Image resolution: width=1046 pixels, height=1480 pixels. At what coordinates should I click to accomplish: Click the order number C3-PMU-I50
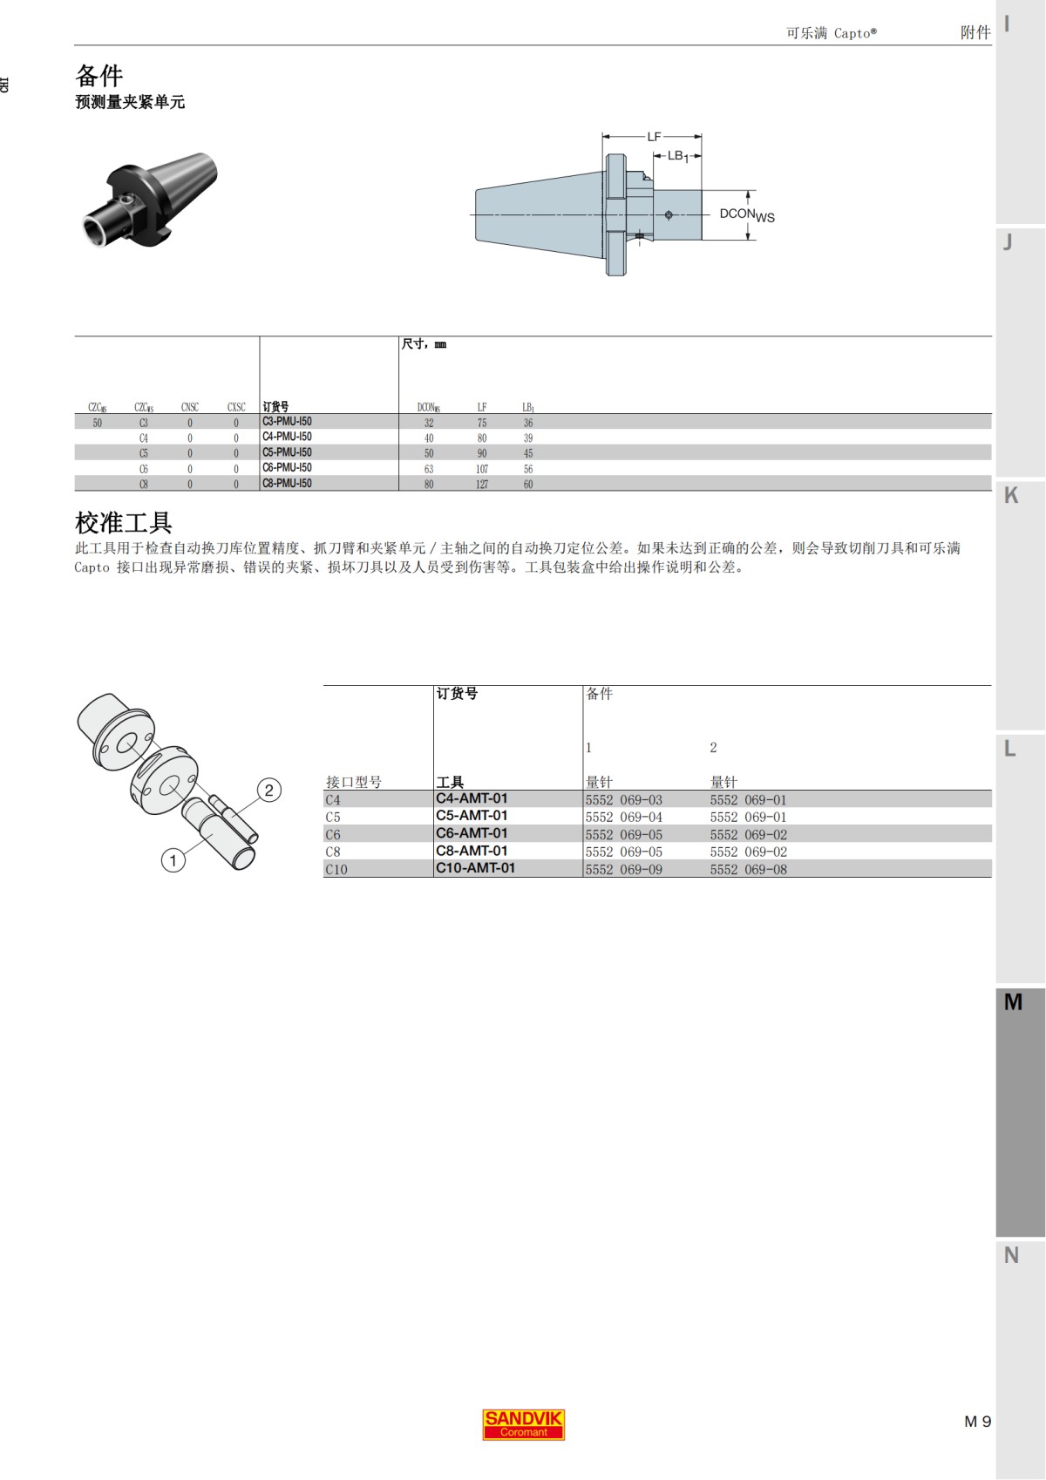(x=287, y=422)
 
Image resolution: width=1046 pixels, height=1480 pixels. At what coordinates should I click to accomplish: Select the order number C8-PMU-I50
(x=287, y=484)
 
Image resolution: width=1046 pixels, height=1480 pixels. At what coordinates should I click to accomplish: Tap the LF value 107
(x=482, y=469)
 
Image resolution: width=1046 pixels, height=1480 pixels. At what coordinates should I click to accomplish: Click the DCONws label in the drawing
(x=746, y=214)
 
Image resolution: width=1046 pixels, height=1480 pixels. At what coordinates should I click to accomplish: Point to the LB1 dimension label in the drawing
(x=677, y=156)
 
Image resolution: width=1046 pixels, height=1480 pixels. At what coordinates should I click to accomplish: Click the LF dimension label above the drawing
(x=654, y=137)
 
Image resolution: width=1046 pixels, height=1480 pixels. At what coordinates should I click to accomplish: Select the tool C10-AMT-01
(x=475, y=868)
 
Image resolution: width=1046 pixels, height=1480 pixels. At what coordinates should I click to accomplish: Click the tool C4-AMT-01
(x=472, y=798)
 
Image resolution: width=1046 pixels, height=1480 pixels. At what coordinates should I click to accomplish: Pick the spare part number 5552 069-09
(x=623, y=870)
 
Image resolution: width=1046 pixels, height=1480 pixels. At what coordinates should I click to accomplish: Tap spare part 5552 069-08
(x=748, y=870)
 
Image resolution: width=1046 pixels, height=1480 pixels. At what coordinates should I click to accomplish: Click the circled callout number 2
(x=269, y=791)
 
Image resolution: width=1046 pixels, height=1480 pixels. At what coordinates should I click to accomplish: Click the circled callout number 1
(x=173, y=861)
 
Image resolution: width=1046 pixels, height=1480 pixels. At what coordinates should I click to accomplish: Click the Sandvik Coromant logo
(x=523, y=1424)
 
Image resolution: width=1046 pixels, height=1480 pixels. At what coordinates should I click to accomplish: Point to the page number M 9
(x=977, y=1422)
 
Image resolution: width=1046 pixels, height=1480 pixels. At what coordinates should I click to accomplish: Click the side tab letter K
(x=1011, y=495)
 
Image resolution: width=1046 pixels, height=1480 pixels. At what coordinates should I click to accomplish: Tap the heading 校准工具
(x=123, y=523)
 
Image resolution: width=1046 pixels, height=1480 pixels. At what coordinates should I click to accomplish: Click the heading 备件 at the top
(x=99, y=75)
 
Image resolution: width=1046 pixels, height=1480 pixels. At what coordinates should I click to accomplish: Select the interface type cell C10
(x=336, y=870)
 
